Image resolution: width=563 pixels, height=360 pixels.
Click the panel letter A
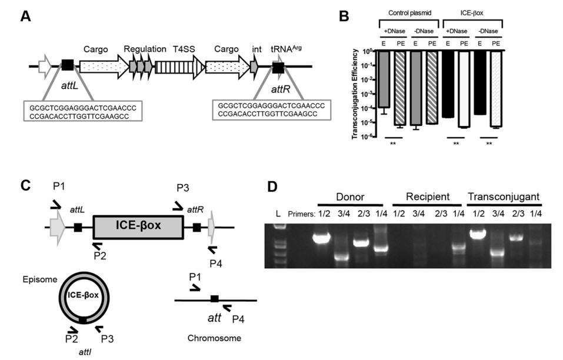click(x=26, y=16)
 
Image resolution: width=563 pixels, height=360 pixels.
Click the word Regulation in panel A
click(x=145, y=49)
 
